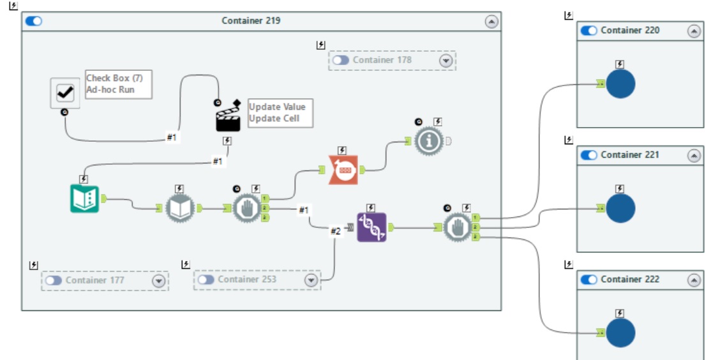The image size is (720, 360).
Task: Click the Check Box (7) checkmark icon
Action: (65, 93)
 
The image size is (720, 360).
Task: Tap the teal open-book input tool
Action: (84, 199)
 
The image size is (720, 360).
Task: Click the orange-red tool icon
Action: (343, 169)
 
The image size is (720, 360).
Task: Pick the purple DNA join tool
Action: (371, 227)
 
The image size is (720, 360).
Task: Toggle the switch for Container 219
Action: (34, 21)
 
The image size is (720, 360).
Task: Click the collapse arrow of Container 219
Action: (491, 21)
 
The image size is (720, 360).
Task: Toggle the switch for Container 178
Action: (341, 60)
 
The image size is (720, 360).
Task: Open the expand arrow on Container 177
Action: (158, 280)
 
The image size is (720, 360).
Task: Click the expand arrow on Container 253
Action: (311, 280)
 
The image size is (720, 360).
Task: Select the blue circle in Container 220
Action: (620, 84)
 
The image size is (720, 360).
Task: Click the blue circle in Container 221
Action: (620, 208)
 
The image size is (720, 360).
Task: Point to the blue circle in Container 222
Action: (620, 333)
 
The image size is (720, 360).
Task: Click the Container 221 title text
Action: (630, 155)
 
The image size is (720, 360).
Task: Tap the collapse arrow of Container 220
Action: (693, 31)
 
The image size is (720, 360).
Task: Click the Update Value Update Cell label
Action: (280, 113)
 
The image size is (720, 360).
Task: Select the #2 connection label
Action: (336, 232)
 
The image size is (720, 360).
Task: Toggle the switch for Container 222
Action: (589, 280)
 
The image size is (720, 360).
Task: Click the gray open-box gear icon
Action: (180, 207)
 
